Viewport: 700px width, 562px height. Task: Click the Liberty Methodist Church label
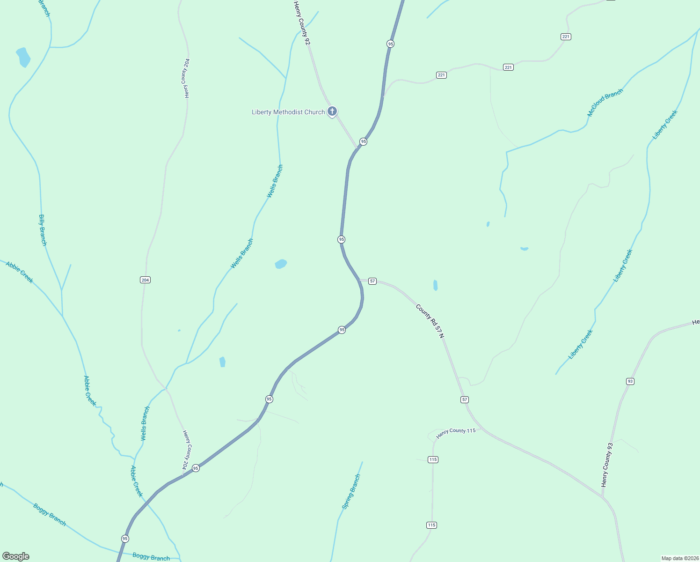pyautogui.click(x=288, y=112)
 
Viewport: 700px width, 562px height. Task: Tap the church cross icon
pyautogui.click(x=332, y=111)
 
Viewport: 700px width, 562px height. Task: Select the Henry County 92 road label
pyautogui.click(x=302, y=23)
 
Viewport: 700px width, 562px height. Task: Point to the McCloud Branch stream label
pyautogui.click(x=605, y=103)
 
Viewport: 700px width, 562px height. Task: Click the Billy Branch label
pyautogui.click(x=43, y=230)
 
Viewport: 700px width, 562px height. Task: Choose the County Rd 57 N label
pyautogui.click(x=430, y=321)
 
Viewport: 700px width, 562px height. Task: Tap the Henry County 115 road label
pyautogui.click(x=456, y=433)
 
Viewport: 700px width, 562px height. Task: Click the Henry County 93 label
pyautogui.click(x=607, y=465)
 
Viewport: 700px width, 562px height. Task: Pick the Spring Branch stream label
pyautogui.click(x=351, y=492)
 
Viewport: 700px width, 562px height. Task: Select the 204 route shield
pyautogui.click(x=145, y=280)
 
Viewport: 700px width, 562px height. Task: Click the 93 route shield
pyautogui.click(x=630, y=381)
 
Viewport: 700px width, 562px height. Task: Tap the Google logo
pyautogui.click(x=16, y=556)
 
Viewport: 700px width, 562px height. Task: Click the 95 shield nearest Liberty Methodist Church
pyautogui.click(x=363, y=141)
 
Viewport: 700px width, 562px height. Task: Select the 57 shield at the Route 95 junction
pyautogui.click(x=372, y=281)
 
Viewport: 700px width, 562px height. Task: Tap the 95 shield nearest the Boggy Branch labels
pyautogui.click(x=124, y=539)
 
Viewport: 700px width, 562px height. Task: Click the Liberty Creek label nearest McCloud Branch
pyautogui.click(x=665, y=125)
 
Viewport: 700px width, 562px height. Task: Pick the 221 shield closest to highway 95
pyautogui.click(x=441, y=75)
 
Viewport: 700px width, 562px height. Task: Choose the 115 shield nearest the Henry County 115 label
pyautogui.click(x=433, y=459)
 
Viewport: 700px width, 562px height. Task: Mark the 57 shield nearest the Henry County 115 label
pyautogui.click(x=464, y=399)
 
